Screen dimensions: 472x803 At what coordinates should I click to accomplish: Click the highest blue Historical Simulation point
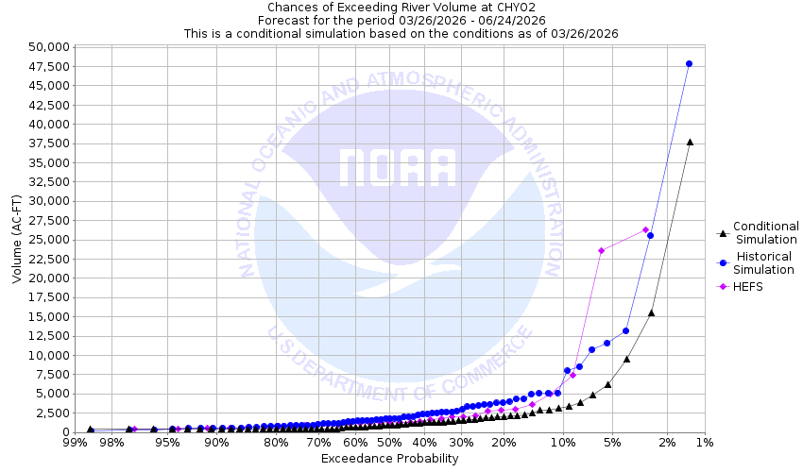coord(689,64)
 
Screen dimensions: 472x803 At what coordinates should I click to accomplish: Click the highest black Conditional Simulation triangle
coord(690,143)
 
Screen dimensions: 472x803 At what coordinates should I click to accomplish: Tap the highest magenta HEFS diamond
coord(645,229)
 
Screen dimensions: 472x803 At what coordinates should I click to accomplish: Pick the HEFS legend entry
coord(746,286)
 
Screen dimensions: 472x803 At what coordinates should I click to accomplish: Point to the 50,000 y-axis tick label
coord(45,46)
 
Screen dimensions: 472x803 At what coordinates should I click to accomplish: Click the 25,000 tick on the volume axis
coord(45,240)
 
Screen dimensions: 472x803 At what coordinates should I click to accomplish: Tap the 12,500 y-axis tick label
coord(45,336)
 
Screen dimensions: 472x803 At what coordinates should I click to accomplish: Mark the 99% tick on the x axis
coord(74,442)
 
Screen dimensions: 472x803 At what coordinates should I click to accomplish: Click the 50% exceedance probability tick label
coord(389,442)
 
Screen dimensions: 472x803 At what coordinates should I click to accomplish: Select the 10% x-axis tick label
coord(563,442)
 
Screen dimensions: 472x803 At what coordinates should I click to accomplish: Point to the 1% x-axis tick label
coord(704,442)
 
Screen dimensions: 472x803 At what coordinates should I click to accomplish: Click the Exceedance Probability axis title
coord(389,459)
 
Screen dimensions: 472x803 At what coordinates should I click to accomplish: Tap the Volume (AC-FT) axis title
coord(16,240)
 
